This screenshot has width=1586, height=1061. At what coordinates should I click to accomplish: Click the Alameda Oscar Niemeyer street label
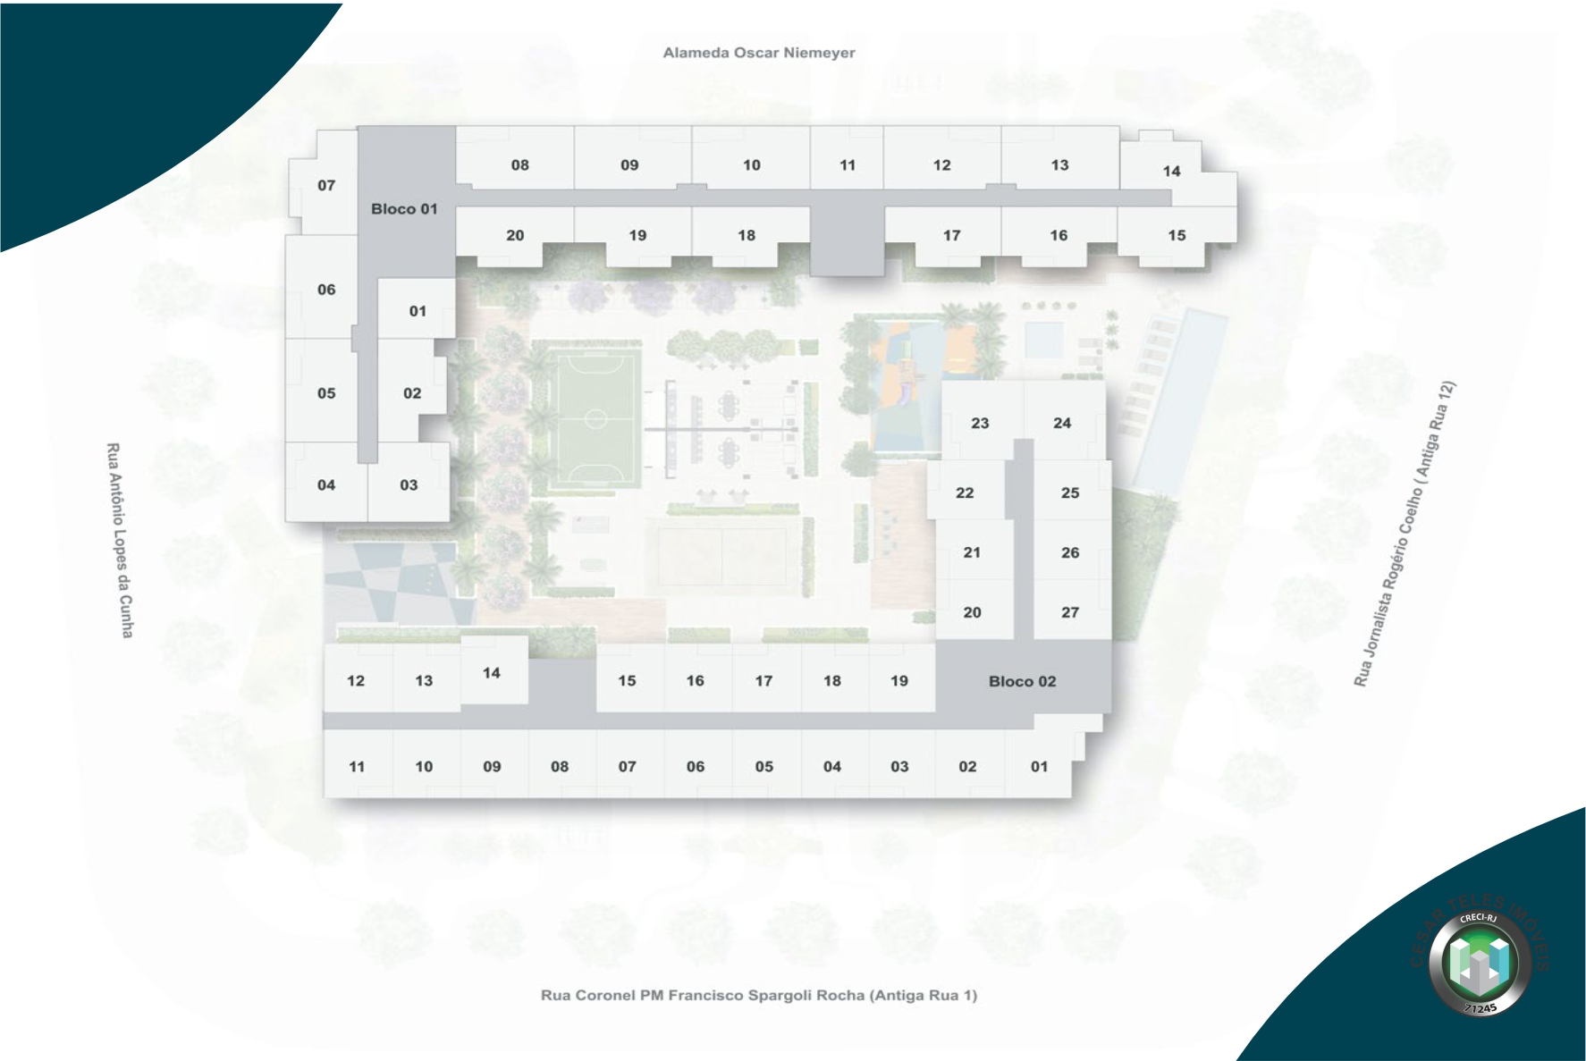pyautogui.click(x=758, y=53)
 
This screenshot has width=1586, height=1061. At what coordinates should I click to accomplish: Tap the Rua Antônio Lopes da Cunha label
pyautogui.click(x=120, y=540)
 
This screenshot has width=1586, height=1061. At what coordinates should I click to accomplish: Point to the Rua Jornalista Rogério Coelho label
pyautogui.click(x=1405, y=534)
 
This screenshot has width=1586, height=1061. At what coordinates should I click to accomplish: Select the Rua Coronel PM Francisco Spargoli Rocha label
pyautogui.click(x=758, y=995)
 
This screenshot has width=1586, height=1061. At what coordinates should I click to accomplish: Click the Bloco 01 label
pyautogui.click(x=404, y=209)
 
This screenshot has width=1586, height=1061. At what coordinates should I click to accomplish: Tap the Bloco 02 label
pyautogui.click(x=1022, y=681)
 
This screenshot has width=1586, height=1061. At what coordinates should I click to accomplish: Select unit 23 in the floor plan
pyautogui.click(x=980, y=423)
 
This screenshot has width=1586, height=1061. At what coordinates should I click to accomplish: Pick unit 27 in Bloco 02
pyautogui.click(x=1070, y=612)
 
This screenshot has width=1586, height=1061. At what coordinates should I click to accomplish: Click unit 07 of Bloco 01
pyautogui.click(x=326, y=185)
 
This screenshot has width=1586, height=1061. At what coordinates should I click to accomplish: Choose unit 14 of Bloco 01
pyautogui.click(x=1171, y=171)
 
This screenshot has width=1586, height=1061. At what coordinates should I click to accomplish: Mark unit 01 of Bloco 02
pyautogui.click(x=1039, y=766)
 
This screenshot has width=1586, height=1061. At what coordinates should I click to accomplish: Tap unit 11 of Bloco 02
pyautogui.click(x=357, y=766)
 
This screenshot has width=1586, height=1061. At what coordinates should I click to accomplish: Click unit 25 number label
pyautogui.click(x=1070, y=493)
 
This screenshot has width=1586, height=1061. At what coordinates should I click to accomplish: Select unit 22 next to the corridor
pyautogui.click(x=965, y=493)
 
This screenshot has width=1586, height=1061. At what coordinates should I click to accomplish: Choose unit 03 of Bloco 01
pyautogui.click(x=409, y=484)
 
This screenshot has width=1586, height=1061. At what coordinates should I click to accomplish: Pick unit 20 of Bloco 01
pyautogui.click(x=515, y=235)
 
